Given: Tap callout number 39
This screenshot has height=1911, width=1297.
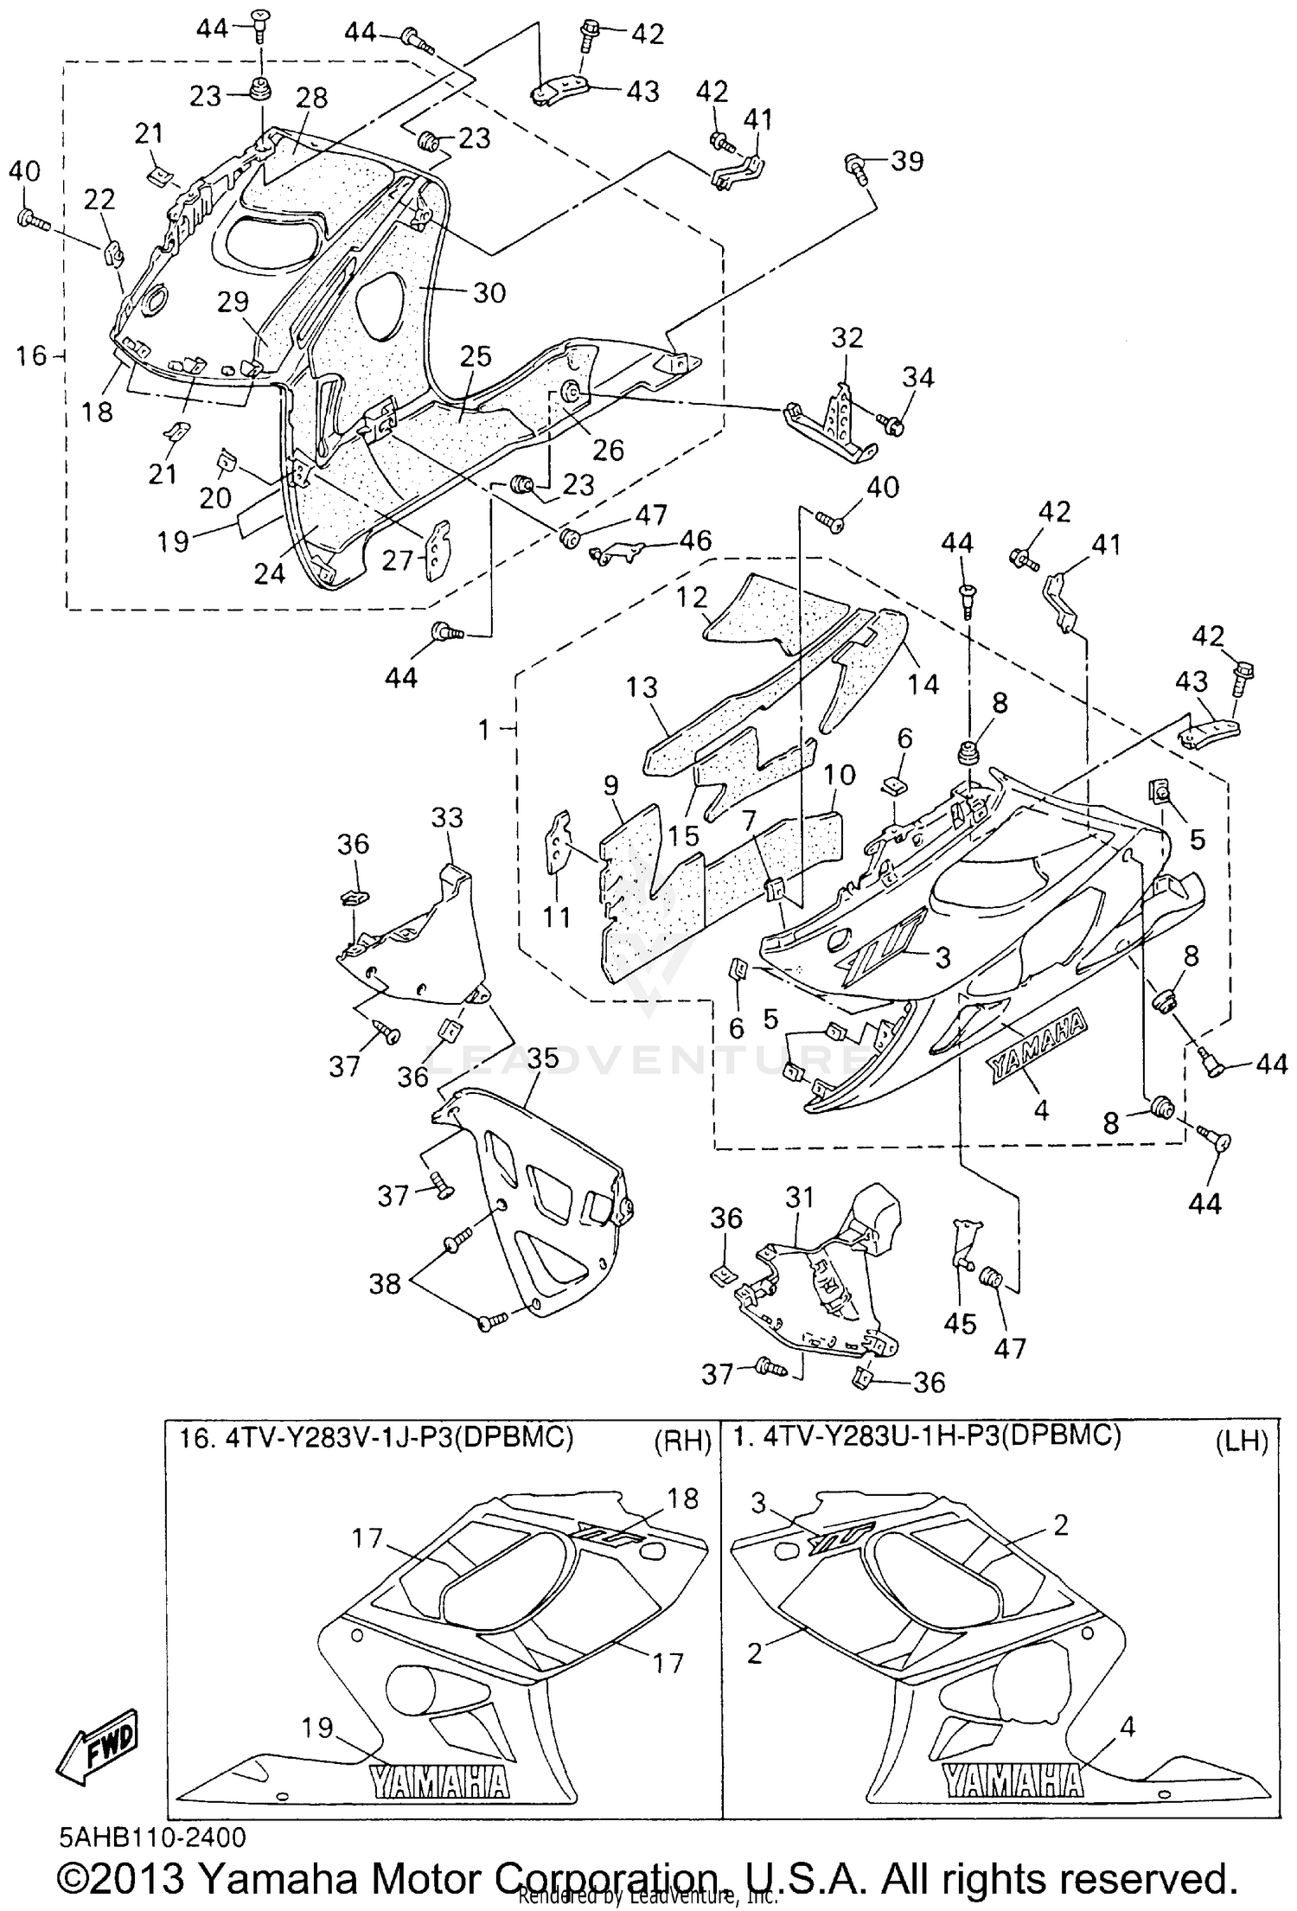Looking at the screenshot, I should (907, 162).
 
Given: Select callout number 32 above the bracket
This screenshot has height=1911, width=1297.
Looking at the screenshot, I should (847, 338).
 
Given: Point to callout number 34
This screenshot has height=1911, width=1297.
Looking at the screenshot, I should (918, 378).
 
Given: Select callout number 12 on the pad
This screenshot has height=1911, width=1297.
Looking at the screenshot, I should (693, 598).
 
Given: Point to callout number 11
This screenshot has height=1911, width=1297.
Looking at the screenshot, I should (556, 917).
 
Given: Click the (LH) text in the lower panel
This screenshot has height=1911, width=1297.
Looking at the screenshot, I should (1242, 1439).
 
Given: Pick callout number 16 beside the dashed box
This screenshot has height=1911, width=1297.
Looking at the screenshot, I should (33, 355).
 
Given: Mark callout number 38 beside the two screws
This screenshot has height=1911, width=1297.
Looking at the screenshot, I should (385, 1284).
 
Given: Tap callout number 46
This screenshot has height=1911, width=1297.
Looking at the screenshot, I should (694, 541).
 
